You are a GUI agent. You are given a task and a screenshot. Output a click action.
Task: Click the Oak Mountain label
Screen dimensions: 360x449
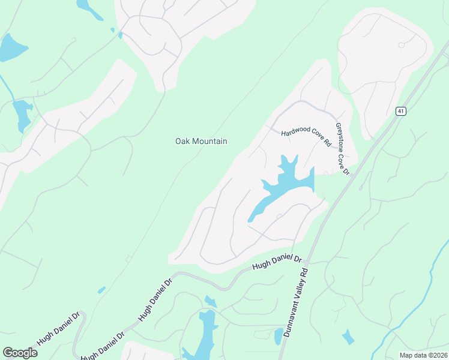point(201,141)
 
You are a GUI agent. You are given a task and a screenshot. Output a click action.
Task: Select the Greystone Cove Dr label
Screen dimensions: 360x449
point(342,149)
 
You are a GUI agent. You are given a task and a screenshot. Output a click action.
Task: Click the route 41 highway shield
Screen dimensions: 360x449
point(401,111)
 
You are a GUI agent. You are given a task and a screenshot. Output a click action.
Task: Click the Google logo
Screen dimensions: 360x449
point(20,353)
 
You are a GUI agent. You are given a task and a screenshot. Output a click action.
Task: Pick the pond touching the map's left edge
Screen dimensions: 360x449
point(11,48)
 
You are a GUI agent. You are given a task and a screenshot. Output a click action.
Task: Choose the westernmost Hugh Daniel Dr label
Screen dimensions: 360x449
point(59,329)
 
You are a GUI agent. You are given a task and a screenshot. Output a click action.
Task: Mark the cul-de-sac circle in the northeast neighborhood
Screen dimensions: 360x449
point(401,45)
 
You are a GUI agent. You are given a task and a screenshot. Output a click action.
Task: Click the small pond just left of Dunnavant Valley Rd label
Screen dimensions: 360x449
point(279,336)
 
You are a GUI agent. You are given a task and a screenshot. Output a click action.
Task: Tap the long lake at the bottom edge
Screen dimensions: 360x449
point(203,336)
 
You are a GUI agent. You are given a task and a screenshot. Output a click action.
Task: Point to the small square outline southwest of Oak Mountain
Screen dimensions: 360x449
point(128,259)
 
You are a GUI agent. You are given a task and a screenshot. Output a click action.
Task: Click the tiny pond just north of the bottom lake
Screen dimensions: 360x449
point(210,301)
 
